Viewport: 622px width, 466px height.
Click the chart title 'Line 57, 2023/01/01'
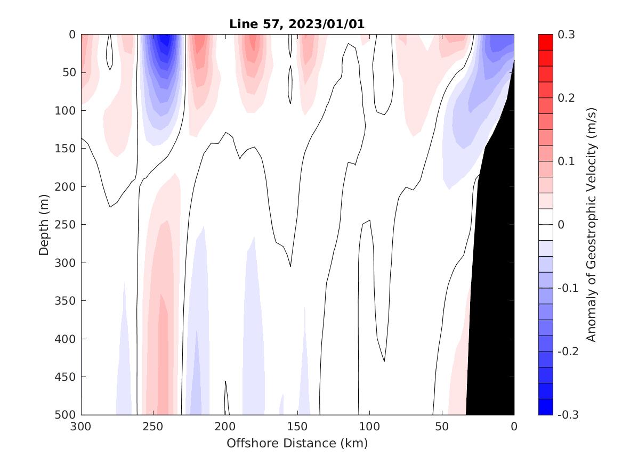coord(297,24)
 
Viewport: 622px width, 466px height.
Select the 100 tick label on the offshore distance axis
coord(369,427)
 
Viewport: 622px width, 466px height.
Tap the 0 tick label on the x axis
coord(514,427)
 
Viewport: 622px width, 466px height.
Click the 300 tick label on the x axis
coord(81,427)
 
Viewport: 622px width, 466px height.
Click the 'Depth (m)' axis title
coord(44,224)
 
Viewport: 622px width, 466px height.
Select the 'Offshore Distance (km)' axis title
coord(297,443)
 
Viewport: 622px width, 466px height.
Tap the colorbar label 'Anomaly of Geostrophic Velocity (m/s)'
coord(591,224)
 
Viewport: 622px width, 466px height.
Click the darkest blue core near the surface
coord(167,40)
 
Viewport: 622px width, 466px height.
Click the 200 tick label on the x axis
coord(225,427)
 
